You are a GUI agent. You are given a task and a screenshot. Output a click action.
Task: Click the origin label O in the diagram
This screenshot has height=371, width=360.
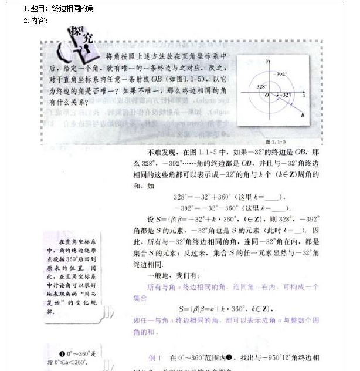click(267, 95)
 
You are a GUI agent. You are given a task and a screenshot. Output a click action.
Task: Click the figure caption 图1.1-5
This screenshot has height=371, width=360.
click(275, 141)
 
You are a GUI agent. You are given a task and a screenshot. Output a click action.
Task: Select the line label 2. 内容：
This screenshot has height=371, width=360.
click(36, 21)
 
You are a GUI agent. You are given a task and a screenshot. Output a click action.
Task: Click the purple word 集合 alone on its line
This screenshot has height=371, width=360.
click(140, 298)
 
